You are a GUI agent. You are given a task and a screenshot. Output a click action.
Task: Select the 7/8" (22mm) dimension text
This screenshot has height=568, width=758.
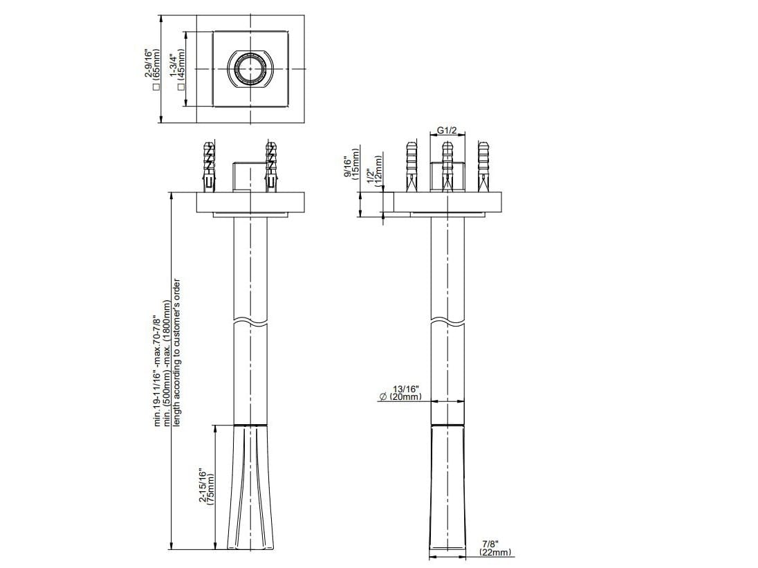tap(494, 548)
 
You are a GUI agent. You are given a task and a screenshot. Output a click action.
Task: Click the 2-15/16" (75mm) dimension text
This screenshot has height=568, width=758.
tap(207, 487)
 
